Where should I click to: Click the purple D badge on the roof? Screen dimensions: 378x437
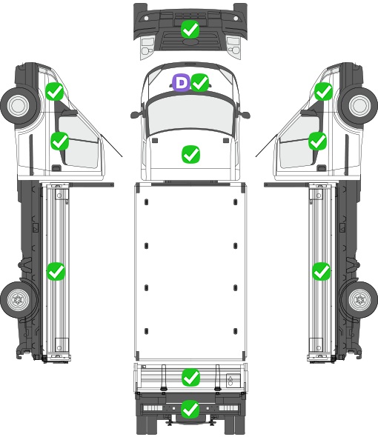[x=181, y=82]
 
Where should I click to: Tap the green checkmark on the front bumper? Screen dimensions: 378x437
[x=190, y=30]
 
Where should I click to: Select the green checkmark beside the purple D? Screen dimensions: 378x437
[x=200, y=82]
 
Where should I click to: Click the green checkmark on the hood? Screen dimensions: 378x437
[x=190, y=154]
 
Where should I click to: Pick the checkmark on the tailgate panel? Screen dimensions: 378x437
[x=190, y=378]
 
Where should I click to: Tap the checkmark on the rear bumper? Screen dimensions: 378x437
[x=190, y=409]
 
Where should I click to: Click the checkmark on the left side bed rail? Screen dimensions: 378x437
[x=56, y=271]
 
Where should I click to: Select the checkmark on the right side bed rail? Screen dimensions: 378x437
[x=322, y=271]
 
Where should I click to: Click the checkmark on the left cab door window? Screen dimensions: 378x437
[x=60, y=141]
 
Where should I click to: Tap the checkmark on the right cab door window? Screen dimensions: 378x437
[x=317, y=141]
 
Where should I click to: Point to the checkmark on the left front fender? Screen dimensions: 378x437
[x=55, y=91]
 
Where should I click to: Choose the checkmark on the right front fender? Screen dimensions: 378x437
[x=324, y=91]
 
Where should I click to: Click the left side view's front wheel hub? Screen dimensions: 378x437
[x=18, y=106]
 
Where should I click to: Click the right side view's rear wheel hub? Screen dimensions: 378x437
[x=360, y=299]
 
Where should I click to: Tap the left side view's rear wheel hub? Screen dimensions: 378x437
[x=18, y=299]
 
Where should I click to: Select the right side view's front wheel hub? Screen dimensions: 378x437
[x=360, y=106]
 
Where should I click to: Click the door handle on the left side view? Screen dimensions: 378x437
[x=56, y=168]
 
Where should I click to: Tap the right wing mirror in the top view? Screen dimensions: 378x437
[x=245, y=114]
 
